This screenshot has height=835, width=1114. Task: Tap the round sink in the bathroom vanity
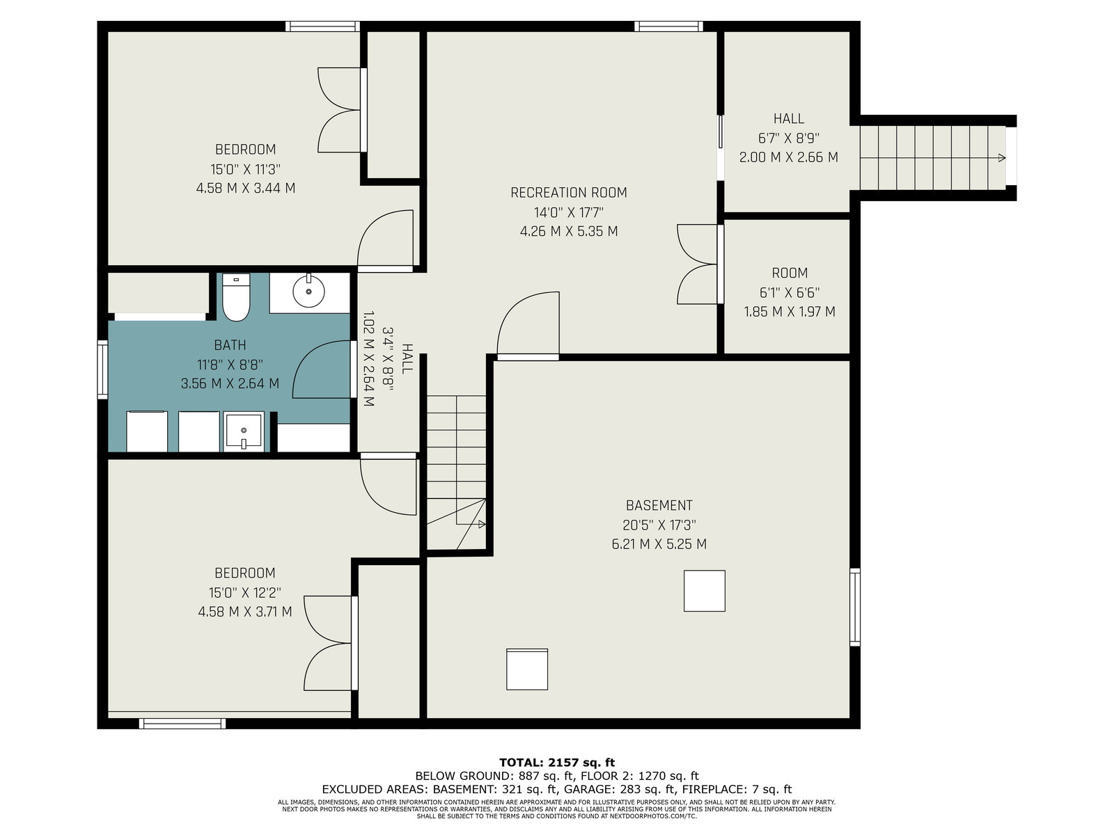pos(308,292)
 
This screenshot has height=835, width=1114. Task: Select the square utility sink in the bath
pos(244,431)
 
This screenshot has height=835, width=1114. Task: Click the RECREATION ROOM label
pos(568,193)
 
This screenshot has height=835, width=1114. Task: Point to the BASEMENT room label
pos(659,505)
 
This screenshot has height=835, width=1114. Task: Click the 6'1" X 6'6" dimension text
pos(789,292)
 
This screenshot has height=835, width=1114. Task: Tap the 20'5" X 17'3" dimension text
pos(659,525)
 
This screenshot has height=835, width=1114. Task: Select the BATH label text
pos(230,345)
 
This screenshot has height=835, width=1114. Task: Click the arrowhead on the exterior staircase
pos(1001,158)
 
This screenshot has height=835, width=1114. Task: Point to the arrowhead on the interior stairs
pos(482,524)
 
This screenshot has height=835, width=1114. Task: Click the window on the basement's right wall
pos(855,607)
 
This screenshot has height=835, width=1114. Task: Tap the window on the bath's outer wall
pos(102,369)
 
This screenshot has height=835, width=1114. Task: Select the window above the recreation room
pos(668,26)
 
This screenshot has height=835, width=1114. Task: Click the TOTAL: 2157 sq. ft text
pos(557,763)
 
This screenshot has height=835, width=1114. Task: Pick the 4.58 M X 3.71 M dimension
pos(245,612)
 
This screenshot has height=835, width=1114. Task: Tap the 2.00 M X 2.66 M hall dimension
pos(788,157)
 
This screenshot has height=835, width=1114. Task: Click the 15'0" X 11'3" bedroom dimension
pos(246,169)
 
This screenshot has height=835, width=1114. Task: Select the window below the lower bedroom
pos(182,724)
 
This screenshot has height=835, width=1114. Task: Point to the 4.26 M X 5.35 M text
pos(569,231)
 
